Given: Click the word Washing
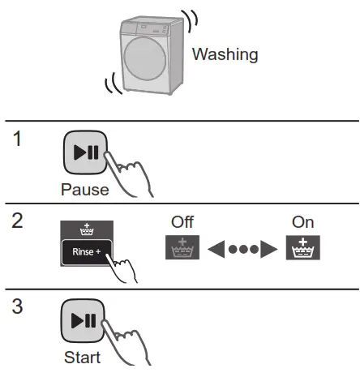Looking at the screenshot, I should click(x=225, y=55).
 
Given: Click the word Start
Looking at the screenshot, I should click(x=82, y=357).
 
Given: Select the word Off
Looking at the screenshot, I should click(x=182, y=221).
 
